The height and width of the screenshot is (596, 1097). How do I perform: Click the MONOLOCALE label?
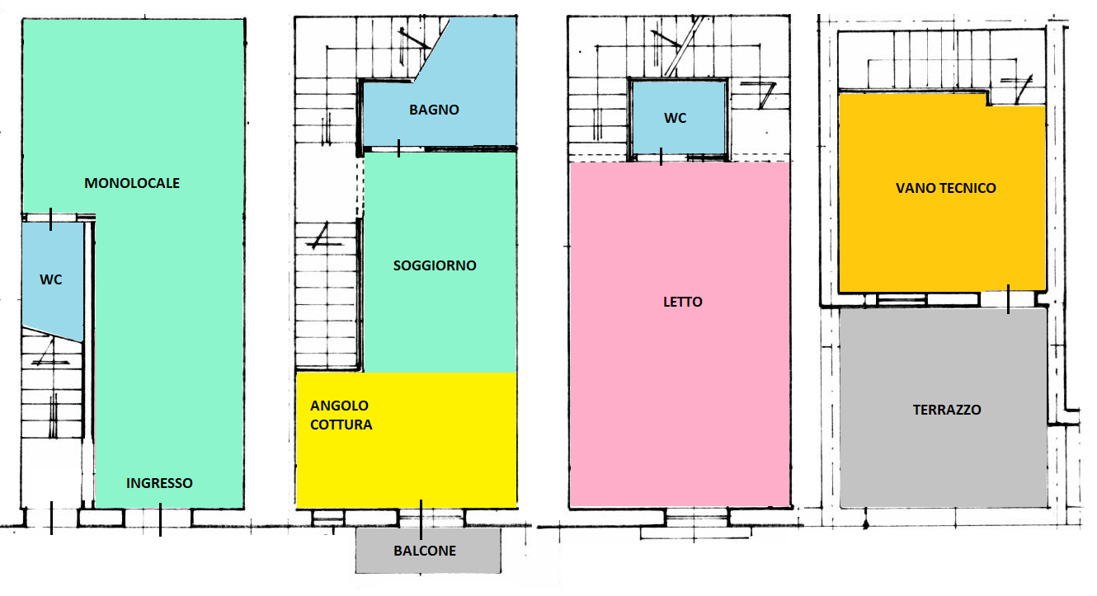pyautogui.click(x=132, y=183)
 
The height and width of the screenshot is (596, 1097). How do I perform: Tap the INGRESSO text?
pyautogui.click(x=159, y=483)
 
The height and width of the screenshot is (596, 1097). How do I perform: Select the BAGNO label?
pyautogui.click(x=434, y=110)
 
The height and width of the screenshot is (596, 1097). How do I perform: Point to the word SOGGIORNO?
pyautogui.click(x=435, y=265)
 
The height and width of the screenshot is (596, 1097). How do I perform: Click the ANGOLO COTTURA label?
pyautogui.click(x=341, y=415)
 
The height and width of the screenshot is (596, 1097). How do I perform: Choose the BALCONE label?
pyautogui.click(x=425, y=551)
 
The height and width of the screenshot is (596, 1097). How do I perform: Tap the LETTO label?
pyautogui.click(x=683, y=302)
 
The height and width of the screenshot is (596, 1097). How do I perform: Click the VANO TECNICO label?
pyautogui.click(x=946, y=188)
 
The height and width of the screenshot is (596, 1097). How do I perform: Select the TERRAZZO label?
pyautogui.click(x=947, y=410)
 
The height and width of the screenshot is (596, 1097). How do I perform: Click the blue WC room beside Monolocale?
pyautogui.click(x=52, y=279)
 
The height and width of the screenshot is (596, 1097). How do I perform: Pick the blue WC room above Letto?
pyautogui.click(x=679, y=117)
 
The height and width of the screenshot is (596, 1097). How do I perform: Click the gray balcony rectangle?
pyautogui.click(x=428, y=551)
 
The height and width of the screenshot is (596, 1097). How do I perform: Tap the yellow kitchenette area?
pyautogui.click(x=407, y=440)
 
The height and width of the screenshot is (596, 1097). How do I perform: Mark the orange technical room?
pyautogui.click(x=942, y=193)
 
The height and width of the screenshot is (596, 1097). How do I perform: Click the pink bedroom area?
pyautogui.click(x=680, y=334)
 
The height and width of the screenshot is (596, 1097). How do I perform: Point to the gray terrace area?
pyautogui.click(x=944, y=407)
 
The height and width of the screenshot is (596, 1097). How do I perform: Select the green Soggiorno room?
pyautogui.click(x=440, y=263)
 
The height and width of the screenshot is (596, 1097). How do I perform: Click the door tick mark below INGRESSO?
pyautogui.click(x=160, y=519)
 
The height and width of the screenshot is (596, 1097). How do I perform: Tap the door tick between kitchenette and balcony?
pyautogui.click(x=421, y=519)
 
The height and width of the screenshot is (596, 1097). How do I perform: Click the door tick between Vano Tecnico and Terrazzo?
pyautogui.click(x=1009, y=299)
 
